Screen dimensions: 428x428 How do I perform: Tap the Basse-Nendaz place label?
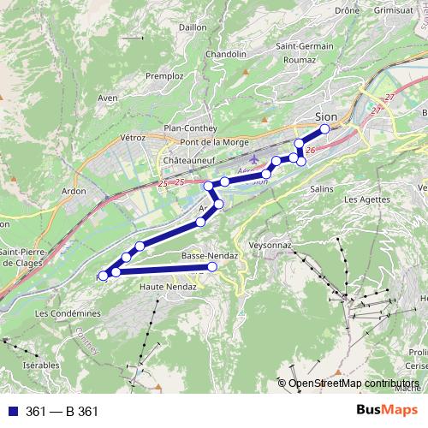pyautogui.click(x=205, y=256)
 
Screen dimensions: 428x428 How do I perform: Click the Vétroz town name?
pyautogui.click(x=134, y=137)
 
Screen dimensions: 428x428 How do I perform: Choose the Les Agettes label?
pyautogui.click(x=363, y=199)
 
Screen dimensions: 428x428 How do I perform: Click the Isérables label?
pyautogui.click(x=42, y=364)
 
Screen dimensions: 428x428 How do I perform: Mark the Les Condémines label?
pyautogui.click(x=68, y=313)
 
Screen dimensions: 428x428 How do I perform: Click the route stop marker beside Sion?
pyautogui.click(x=324, y=129)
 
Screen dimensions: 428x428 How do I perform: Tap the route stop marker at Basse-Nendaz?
pyautogui.click(x=212, y=267)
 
